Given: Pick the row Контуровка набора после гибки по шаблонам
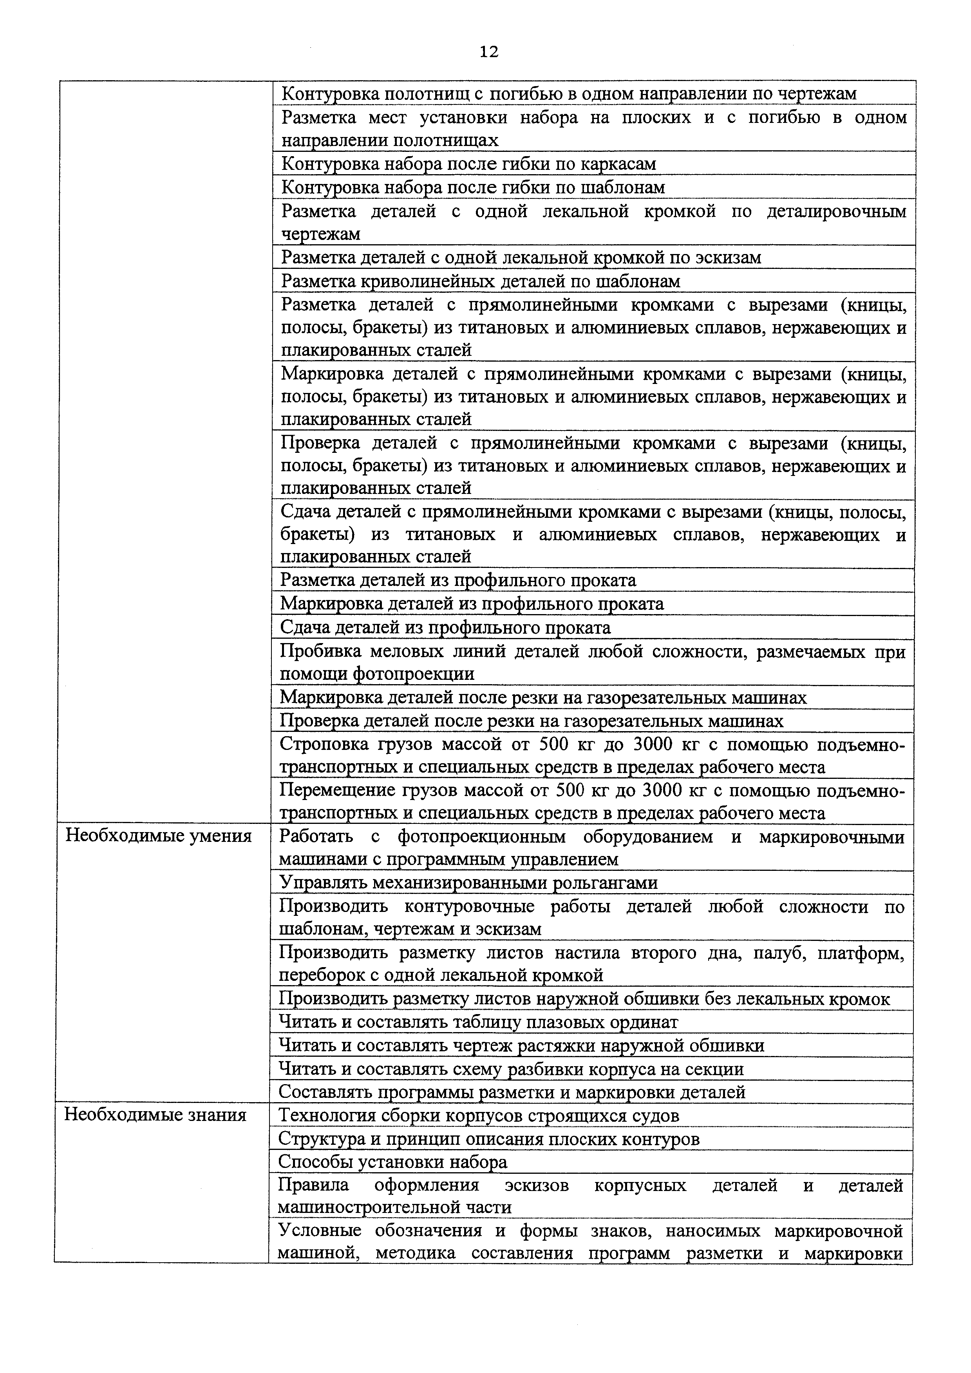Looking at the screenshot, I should (x=473, y=187).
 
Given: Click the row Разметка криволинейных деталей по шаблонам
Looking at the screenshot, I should (x=481, y=281).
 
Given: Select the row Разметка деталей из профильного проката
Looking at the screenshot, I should (x=458, y=580).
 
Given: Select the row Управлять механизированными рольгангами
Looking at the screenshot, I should (x=468, y=883).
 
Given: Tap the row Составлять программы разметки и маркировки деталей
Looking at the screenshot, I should (x=512, y=1092).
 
